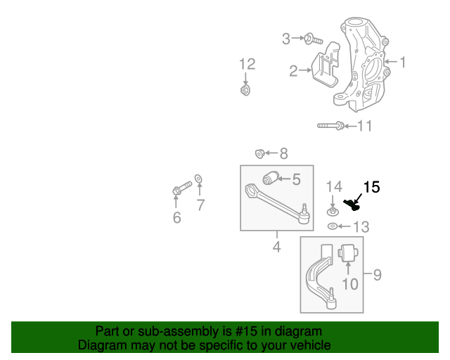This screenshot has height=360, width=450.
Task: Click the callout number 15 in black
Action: click(371, 187)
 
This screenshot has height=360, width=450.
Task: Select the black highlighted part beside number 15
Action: click(354, 205)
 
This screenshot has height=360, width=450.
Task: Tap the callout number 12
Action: click(247, 65)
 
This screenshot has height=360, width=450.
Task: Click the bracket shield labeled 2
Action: click(326, 66)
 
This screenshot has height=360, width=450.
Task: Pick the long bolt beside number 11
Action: click(330, 126)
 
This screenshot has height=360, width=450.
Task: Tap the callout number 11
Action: click(364, 127)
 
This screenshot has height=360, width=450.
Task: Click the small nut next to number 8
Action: click(259, 153)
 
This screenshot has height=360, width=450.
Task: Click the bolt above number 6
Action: click(181, 188)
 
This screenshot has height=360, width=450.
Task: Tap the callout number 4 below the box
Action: click(276, 247)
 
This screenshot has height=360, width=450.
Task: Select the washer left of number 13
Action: click(333, 226)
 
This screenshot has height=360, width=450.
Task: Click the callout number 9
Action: click(377, 274)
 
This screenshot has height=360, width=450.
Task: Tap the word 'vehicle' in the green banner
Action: click(309, 345)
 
